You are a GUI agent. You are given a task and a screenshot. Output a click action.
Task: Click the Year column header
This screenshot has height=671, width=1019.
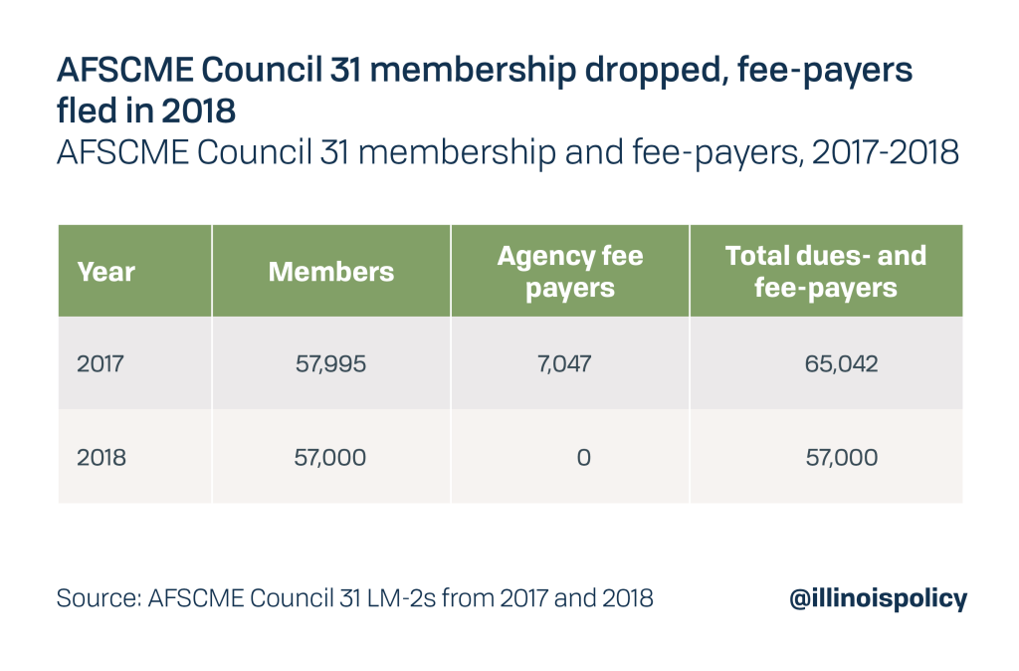coord(105,272)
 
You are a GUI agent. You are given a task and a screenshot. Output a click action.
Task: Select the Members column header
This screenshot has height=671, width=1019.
coord(330,272)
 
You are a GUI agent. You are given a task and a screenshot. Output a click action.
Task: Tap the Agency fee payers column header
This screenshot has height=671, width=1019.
coord(569,271)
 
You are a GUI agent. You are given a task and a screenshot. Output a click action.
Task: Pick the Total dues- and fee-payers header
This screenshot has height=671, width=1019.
coord(825,271)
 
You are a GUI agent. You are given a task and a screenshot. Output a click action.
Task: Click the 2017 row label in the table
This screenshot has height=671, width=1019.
coord(100,364)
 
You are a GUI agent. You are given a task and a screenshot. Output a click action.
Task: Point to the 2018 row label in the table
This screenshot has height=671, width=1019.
coord(101,457)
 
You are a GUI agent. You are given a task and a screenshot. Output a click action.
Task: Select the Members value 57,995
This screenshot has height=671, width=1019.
coord(330,364)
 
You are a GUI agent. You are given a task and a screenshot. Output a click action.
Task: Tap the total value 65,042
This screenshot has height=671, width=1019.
coord(841,364)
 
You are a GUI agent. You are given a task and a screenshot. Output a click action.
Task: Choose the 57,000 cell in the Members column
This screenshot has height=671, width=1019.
coord(330,457)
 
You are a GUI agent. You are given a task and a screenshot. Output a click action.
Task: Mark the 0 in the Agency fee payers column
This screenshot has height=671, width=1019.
coord(583,457)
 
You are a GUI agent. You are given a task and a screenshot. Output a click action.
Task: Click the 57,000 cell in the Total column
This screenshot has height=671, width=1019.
coord(841,457)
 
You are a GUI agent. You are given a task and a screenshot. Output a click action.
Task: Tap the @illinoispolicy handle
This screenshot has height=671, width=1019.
coord(876,598)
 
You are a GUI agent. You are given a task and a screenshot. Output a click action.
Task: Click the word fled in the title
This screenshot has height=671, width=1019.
coord(89,110)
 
